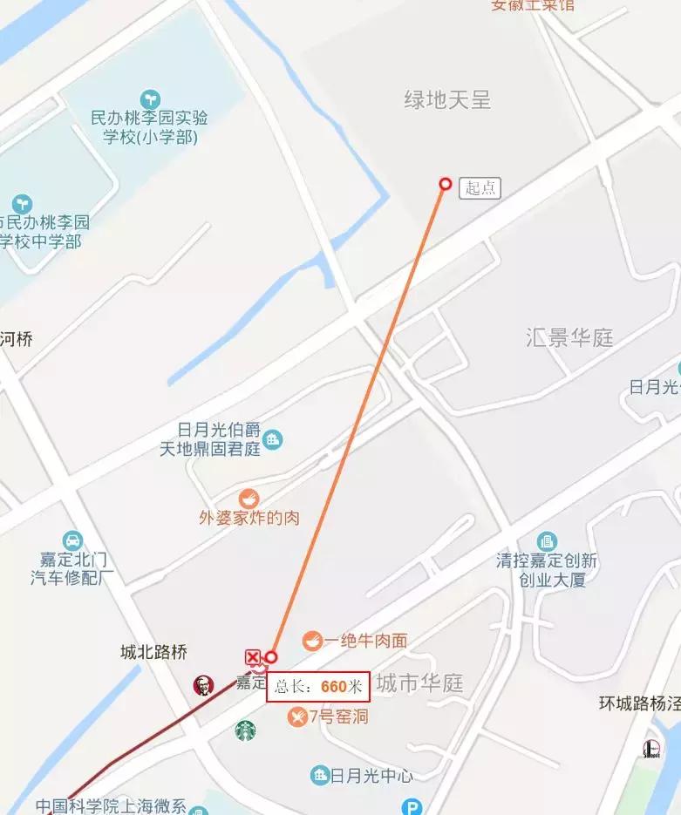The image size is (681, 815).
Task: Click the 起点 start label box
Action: (x=480, y=187)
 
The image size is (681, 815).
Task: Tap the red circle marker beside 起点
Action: (x=445, y=184)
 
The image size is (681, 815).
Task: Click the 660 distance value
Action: (x=334, y=685)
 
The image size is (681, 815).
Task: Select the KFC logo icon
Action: (x=203, y=685)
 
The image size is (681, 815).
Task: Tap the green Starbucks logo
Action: (x=246, y=730)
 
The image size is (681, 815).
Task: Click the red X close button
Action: (x=253, y=656)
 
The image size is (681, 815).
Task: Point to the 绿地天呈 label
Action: (x=447, y=100)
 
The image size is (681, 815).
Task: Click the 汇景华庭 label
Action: (x=570, y=337)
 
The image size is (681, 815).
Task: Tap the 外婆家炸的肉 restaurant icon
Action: (x=249, y=499)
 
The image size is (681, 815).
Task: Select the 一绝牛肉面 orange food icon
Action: (x=311, y=641)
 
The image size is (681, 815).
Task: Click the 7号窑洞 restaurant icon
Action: (x=297, y=717)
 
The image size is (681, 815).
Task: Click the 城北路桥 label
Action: (x=153, y=652)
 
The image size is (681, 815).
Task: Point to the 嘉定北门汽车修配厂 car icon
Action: (x=72, y=540)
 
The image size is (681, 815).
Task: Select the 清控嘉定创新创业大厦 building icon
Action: (x=547, y=541)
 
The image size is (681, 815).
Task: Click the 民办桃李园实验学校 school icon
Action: (x=150, y=98)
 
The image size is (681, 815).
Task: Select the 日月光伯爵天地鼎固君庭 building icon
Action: (x=273, y=439)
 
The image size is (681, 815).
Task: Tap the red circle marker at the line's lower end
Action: (x=271, y=656)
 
